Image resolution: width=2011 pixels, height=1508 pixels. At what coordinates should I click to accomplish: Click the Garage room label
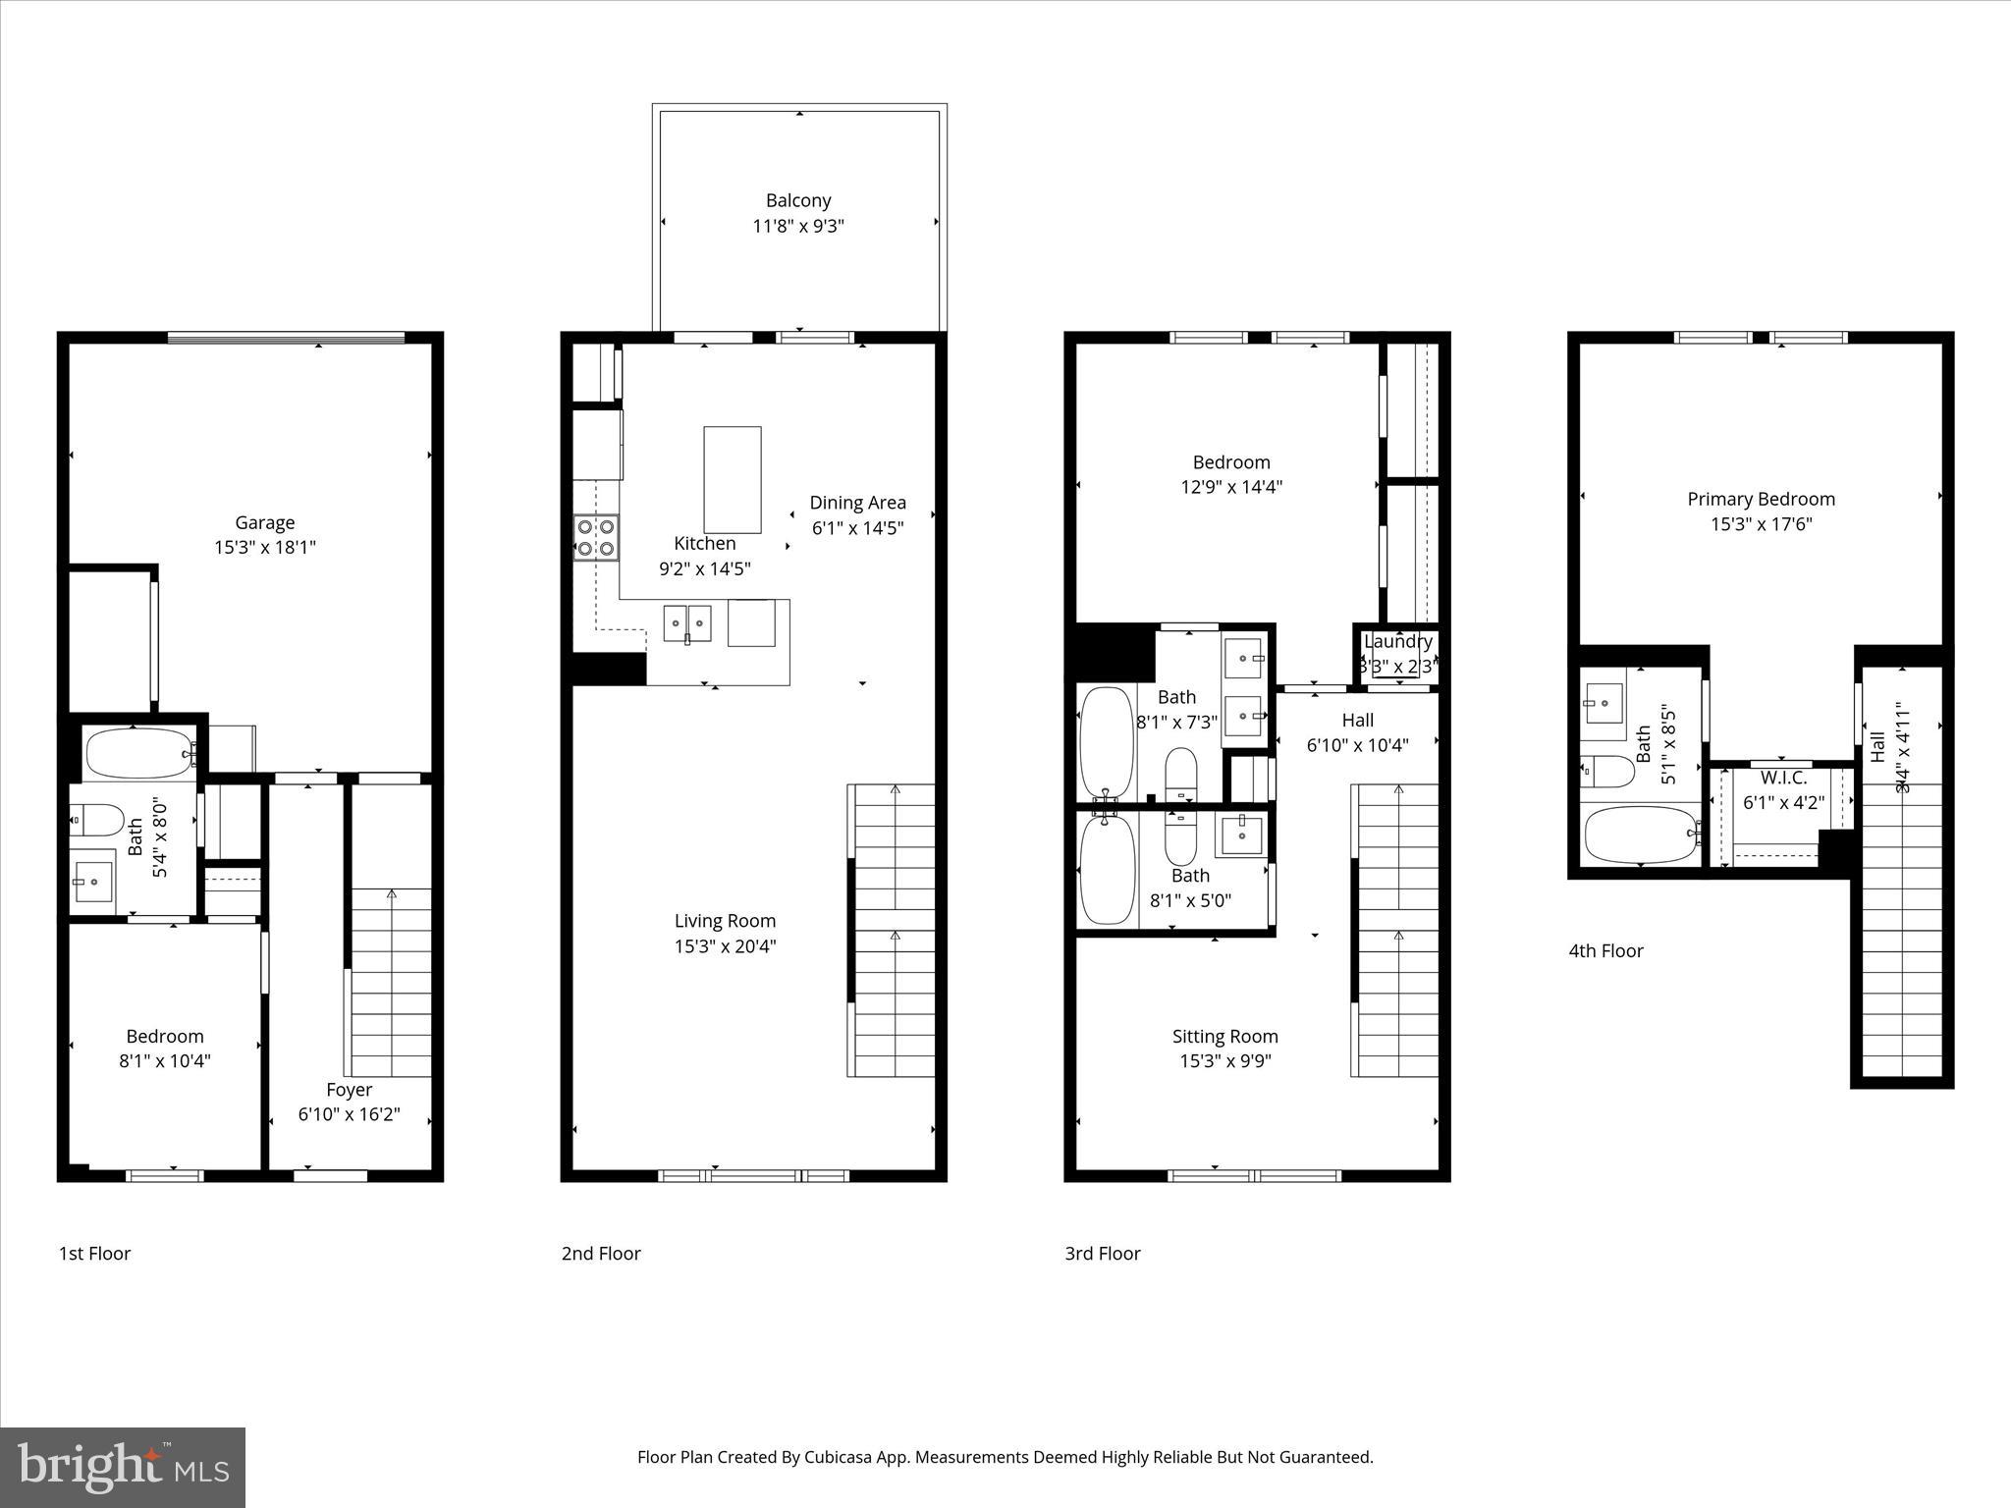[x=264, y=523]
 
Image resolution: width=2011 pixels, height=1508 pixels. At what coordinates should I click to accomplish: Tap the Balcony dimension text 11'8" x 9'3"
[x=798, y=226]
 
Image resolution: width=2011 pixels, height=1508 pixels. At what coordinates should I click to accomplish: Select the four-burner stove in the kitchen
[x=596, y=537]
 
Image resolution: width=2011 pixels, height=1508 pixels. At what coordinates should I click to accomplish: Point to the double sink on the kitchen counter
[x=686, y=623]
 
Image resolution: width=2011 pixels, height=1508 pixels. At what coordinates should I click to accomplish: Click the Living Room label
[x=725, y=921]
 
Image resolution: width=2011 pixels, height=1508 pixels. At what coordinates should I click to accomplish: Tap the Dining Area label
[x=857, y=503]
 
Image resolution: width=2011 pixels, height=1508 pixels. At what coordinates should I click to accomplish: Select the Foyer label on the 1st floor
[x=349, y=1090]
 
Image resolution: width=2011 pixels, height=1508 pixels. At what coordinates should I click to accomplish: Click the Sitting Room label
[x=1224, y=1036]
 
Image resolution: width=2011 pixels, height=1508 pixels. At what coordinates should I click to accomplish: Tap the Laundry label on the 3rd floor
[x=1397, y=641]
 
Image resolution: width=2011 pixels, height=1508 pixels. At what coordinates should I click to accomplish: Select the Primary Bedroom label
[x=1761, y=499]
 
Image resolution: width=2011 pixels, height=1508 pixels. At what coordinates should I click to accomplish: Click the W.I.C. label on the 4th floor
[x=1783, y=778]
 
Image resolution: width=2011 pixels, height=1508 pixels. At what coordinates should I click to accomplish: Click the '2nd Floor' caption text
[x=601, y=1254]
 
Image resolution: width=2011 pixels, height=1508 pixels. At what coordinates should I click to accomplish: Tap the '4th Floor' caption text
[x=1605, y=950]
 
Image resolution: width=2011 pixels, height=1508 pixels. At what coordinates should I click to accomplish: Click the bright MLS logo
[x=123, y=1468]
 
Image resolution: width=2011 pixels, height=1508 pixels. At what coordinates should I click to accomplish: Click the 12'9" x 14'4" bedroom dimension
[x=1231, y=487]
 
